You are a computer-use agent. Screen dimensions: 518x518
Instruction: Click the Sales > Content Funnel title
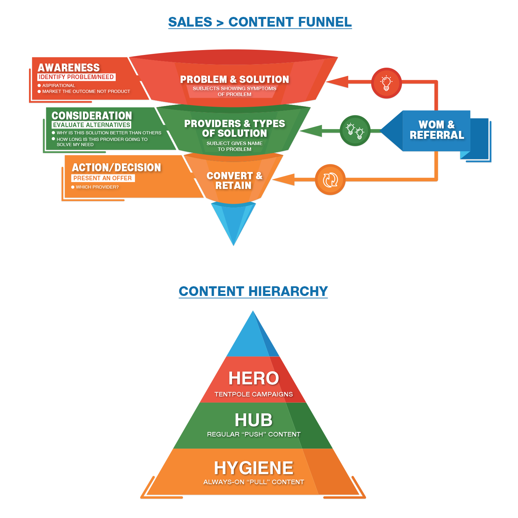[260, 22]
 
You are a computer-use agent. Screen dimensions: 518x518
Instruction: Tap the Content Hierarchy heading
[253, 291]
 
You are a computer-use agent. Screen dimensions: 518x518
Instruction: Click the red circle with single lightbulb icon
[386, 83]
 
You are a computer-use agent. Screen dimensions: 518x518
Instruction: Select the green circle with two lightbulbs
[355, 131]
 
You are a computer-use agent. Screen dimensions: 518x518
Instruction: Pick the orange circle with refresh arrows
[330, 180]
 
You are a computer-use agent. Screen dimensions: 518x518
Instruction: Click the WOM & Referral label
[437, 130]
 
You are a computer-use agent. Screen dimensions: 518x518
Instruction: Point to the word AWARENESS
[69, 67]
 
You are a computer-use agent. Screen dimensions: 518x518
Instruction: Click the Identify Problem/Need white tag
[76, 77]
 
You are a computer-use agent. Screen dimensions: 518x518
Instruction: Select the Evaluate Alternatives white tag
[92, 125]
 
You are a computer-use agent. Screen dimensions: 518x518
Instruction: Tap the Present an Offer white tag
[103, 178]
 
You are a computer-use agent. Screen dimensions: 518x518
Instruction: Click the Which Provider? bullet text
[97, 187]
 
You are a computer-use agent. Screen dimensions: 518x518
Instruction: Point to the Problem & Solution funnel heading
[234, 79]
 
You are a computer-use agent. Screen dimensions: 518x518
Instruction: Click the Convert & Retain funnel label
[234, 181]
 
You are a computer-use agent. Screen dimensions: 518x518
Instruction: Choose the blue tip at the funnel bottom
[233, 221]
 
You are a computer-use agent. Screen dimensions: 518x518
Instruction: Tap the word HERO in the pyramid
[253, 378]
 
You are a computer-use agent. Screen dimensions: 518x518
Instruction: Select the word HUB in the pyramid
[253, 420]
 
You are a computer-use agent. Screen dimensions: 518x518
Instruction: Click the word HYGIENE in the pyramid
[253, 468]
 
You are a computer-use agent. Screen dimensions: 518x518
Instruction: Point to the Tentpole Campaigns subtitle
[253, 394]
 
